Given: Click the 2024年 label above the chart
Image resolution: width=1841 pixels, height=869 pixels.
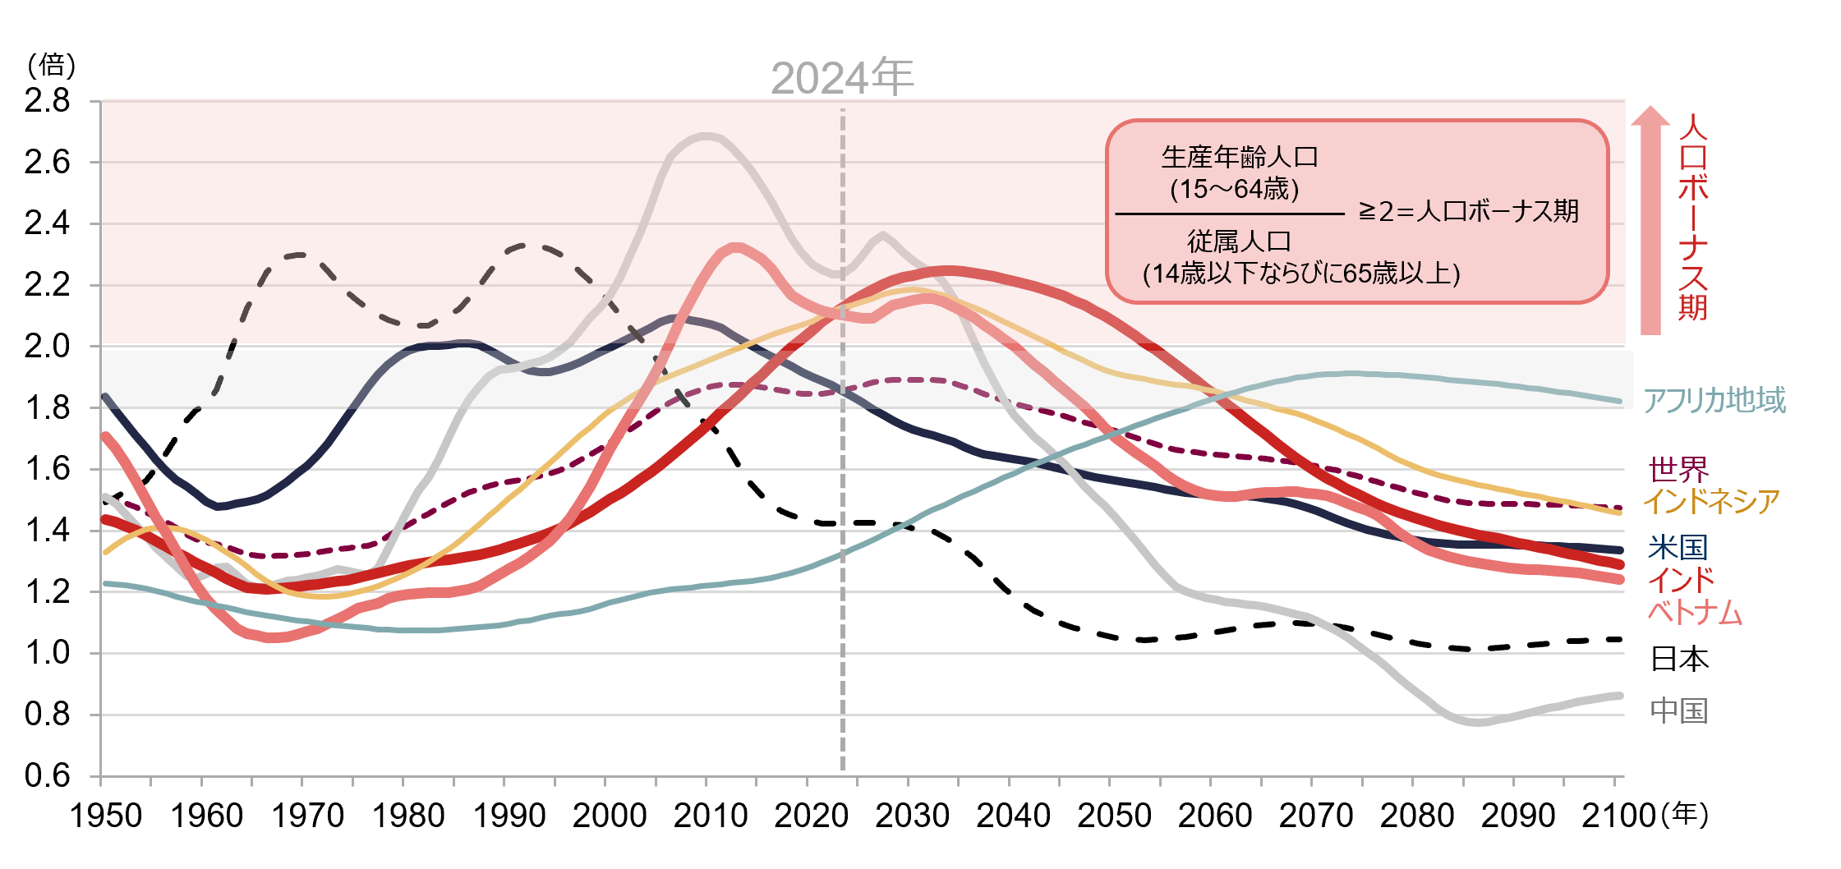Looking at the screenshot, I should point(842,79).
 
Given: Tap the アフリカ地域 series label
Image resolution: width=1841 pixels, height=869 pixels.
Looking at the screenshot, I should point(1714,400).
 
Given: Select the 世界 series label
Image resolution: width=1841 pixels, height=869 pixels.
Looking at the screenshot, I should point(1678,470).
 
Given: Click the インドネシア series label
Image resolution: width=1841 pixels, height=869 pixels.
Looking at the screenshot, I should point(1711,500).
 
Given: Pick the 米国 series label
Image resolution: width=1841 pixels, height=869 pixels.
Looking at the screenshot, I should point(1678,547).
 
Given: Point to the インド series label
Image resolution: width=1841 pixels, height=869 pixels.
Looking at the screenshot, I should point(1682,580).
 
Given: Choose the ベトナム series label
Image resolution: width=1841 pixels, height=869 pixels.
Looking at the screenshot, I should point(1695,612).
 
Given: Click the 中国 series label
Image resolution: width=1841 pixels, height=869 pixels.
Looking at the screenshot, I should point(1679,710).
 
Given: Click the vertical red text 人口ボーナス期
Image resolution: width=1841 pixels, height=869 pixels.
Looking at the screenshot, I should point(1693,218).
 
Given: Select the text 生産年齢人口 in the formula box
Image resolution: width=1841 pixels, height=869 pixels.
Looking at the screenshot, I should point(1239,157).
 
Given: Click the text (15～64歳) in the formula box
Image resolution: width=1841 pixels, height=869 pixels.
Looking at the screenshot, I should point(1235,190).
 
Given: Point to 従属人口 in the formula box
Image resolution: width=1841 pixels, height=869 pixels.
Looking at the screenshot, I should point(1239,241).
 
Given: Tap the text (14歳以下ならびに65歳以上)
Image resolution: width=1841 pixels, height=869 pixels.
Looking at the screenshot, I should point(1301,274).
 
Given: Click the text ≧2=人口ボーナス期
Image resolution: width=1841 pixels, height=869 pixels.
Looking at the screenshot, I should point(1468,212).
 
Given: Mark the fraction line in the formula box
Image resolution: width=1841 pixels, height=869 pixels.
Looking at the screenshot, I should point(1229,214).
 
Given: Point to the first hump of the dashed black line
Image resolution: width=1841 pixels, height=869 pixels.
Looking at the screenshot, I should point(297,255).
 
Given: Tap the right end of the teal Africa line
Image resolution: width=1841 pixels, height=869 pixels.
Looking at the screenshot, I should point(1618,401).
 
